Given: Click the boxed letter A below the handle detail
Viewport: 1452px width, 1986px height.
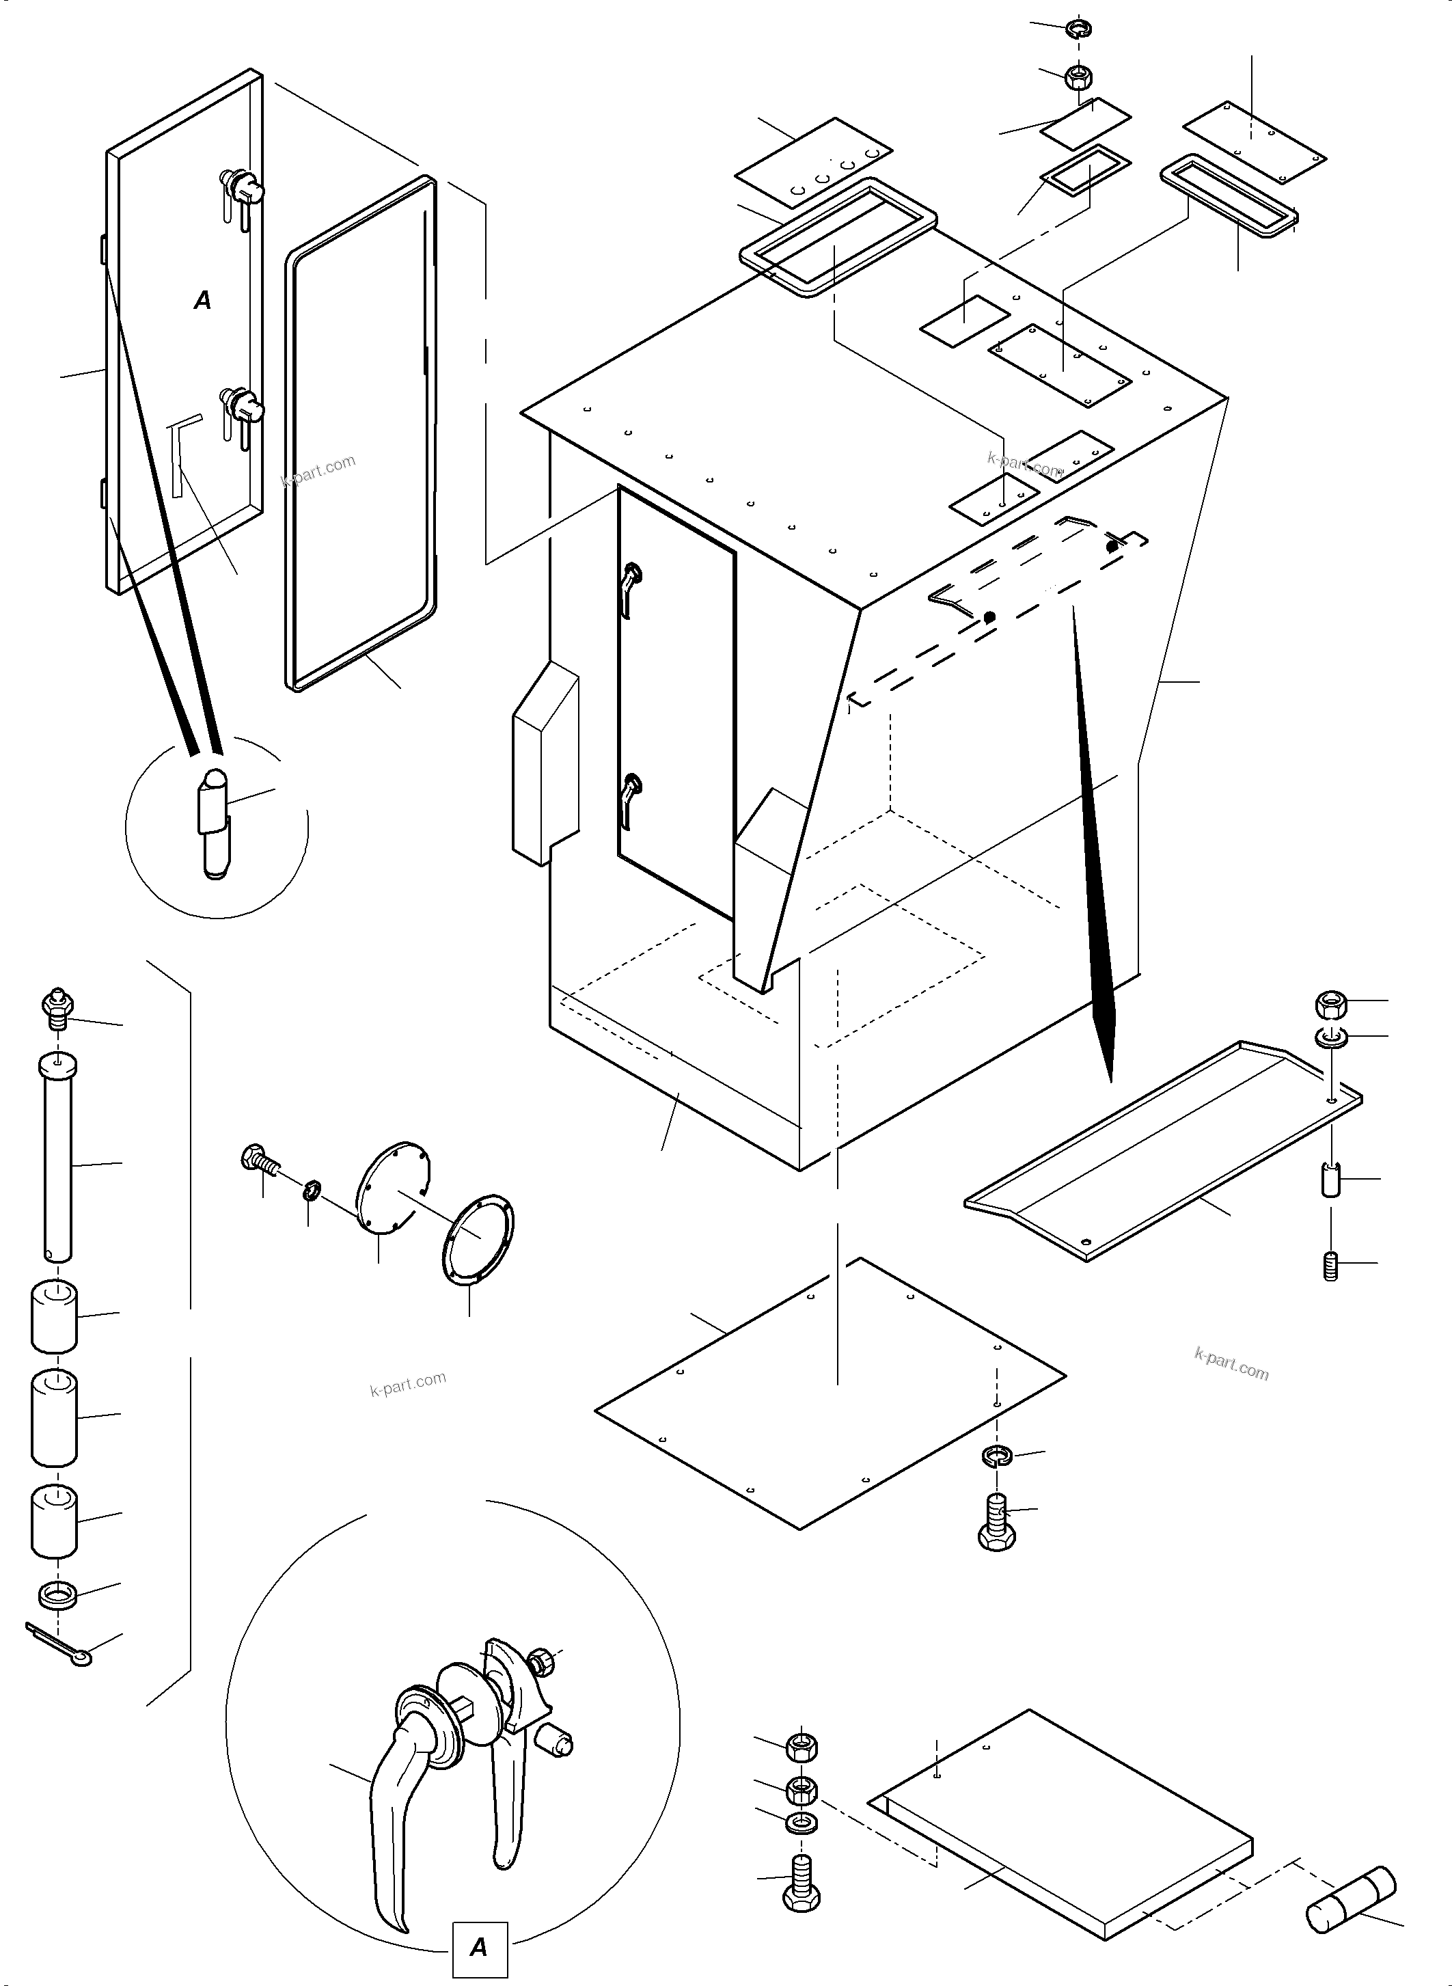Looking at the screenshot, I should pos(479,1946).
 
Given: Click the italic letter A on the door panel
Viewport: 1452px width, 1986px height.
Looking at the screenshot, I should pos(202,301).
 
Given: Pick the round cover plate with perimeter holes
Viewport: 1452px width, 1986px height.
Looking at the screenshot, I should pos(393,1188).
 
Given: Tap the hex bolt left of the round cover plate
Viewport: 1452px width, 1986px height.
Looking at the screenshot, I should pos(257,1158).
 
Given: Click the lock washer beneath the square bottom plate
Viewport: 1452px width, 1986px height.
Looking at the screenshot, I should pos(997,1454).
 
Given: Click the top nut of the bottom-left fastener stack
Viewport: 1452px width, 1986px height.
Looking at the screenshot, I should pos(801,1745).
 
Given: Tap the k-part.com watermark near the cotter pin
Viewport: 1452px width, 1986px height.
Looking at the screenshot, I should pos(408,1384).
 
